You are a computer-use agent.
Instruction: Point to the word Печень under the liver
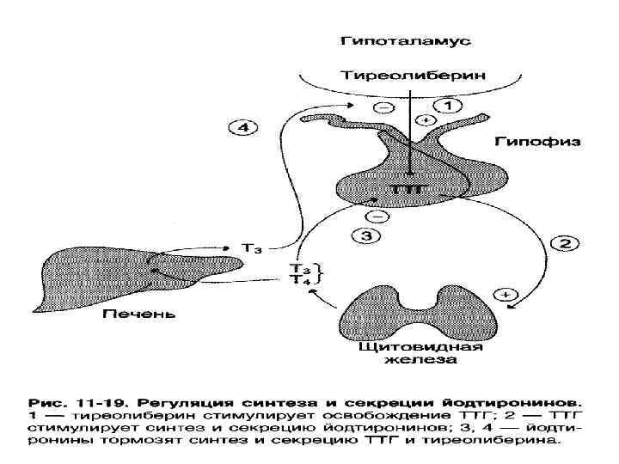coord(139,314)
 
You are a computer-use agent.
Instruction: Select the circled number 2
coord(564,243)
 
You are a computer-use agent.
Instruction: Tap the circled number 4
coord(243,128)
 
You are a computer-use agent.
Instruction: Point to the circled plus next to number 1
coord(420,119)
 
